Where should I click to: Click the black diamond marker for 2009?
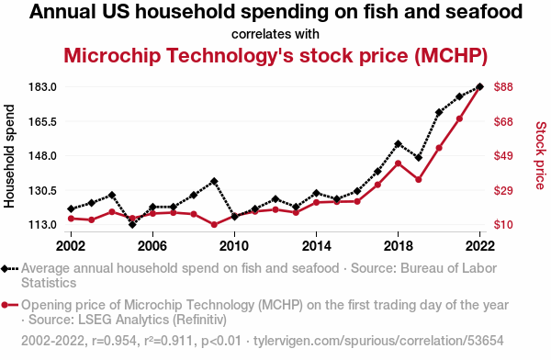tap(214, 182)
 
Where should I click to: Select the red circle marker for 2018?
tap(399, 163)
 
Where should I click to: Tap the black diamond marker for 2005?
tap(132, 224)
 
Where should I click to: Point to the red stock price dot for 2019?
tap(419, 180)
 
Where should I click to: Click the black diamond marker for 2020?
tap(439, 112)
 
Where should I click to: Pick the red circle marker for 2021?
tap(459, 118)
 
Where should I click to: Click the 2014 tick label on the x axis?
tap(316, 246)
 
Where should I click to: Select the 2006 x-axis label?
tap(152, 246)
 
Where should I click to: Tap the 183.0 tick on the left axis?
tap(43, 87)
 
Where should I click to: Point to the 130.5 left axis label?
tap(43, 191)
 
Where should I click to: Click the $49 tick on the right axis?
tap(503, 156)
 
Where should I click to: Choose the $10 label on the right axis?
tap(503, 225)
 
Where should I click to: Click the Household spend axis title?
tap(9, 156)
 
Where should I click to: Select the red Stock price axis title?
tap(541, 155)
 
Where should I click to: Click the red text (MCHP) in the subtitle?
tap(451, 56)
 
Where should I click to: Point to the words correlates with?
tap(275, 34)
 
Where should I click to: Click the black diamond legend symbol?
tap(10, 269)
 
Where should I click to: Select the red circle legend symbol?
tap(10, 305)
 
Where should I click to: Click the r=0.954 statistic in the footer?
tap(114, 341)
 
